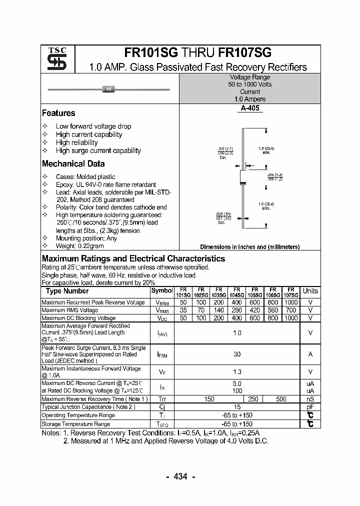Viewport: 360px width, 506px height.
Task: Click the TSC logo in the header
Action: (57, 59)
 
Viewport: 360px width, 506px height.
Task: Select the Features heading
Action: (58, 113)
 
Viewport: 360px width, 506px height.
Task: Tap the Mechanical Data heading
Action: (73, 163)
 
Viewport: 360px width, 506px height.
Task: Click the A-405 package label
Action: (249, 108)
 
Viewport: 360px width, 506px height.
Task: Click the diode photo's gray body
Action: (108, 89)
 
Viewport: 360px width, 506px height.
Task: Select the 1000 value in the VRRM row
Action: (290, 302)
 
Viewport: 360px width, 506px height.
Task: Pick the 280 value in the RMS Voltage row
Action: (236, 310)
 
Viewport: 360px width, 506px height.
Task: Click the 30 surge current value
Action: (236, 354)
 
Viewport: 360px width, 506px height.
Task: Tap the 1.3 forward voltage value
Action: (236, 371)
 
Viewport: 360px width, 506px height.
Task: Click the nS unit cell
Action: (310, 399)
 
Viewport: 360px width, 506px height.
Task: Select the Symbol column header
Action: (161, 290)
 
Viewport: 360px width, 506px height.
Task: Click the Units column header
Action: (310, 291)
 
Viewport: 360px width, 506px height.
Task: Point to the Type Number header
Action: (67, 291)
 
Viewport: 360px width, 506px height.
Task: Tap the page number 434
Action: (180, 476)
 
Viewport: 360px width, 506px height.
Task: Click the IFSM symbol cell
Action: (161, 354)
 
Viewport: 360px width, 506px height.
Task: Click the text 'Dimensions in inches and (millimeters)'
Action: (249, 247)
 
